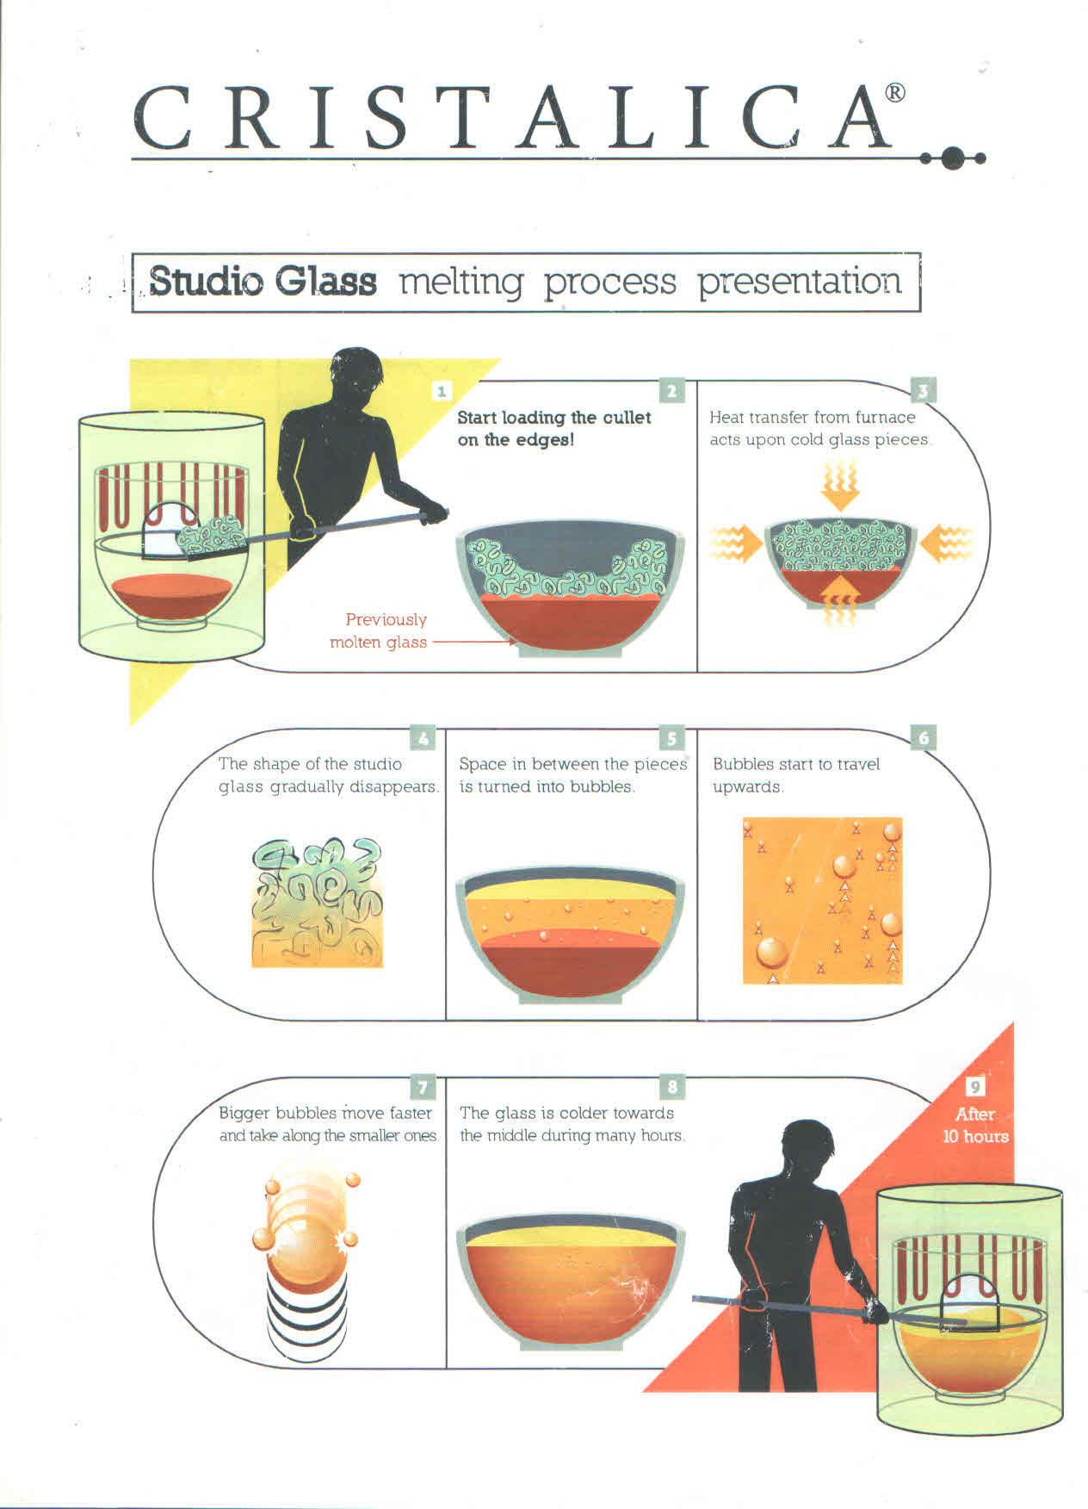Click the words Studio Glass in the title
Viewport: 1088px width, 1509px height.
click(263, 281)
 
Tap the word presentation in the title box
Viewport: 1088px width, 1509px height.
click(799, 281)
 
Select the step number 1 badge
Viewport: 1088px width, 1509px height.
click(441, 391)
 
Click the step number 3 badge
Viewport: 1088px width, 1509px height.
click(923, 391)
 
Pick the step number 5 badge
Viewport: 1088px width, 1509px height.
click(671, 738)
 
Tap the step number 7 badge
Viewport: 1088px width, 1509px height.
click(422, 1087)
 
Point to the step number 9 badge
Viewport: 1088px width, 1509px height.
click(974, 1087)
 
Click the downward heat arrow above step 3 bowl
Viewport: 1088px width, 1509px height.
click(839, 487)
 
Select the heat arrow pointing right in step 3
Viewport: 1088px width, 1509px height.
click(736, 543)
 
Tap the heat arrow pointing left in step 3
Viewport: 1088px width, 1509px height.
click(946, 543)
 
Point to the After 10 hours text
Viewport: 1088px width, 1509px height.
click(975, 1125)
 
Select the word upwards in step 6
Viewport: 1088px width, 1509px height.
click(747, 787)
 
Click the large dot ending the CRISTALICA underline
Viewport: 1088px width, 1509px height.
click(952, 158)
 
